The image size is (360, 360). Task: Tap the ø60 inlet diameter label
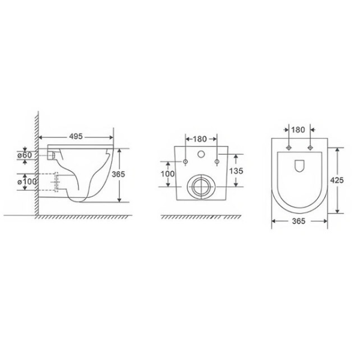[25, 155]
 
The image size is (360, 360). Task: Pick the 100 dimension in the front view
[169, 174]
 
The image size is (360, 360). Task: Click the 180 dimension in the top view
[298, 129]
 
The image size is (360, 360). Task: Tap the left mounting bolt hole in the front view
[186, 162]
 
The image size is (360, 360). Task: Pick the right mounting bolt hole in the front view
[215, 162]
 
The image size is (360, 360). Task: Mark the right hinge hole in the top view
[310, 147]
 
